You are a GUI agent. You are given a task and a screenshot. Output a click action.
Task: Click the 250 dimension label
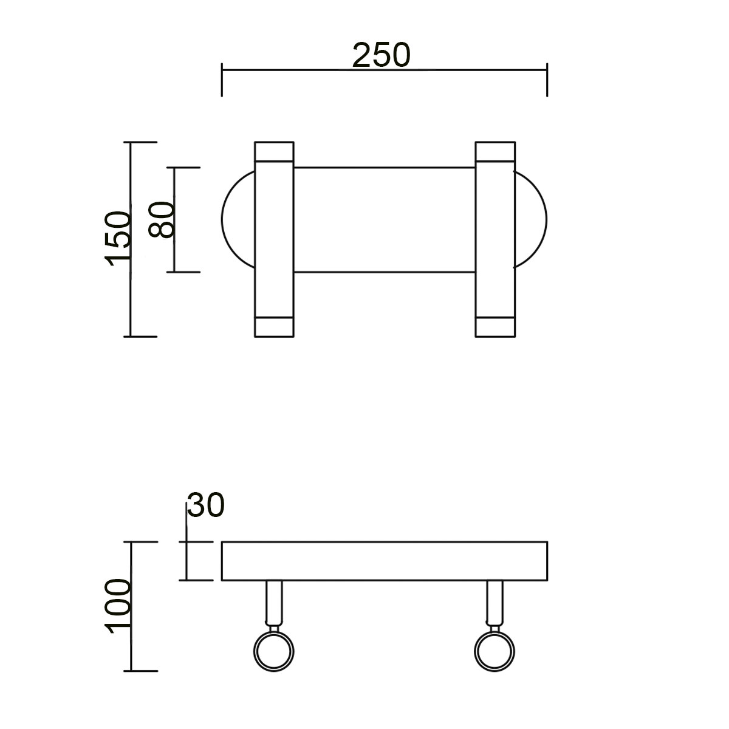click(x=382, y=55)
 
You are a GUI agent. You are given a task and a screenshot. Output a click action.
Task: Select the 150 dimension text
click(x=118, y=238)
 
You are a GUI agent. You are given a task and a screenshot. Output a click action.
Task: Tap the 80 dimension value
click(x=163, y=219)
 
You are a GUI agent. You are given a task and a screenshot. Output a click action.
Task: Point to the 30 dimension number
click(x=206, y=505)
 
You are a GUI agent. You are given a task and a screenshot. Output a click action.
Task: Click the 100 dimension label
click(x=118, y=606)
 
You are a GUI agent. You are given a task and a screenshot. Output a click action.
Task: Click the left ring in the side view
click(x=274, y=651)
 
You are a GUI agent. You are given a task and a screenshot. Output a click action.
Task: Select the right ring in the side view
click(x=495, y=651)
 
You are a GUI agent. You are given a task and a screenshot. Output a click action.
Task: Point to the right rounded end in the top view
click(x=531, y=219)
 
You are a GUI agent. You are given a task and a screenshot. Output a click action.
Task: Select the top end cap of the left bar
click(x=274, y=151)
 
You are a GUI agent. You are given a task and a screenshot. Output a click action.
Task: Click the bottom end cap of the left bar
click(x=274, y=327)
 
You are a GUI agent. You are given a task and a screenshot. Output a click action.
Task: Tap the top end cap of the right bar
click(x=495, y=151)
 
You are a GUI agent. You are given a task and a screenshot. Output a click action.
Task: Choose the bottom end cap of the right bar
click(x=495, y=327)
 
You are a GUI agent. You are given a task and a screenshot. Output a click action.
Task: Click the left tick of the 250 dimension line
click(x=222, y=79)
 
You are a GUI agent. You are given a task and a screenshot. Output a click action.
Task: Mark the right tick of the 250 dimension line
click(x=547, y=79)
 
